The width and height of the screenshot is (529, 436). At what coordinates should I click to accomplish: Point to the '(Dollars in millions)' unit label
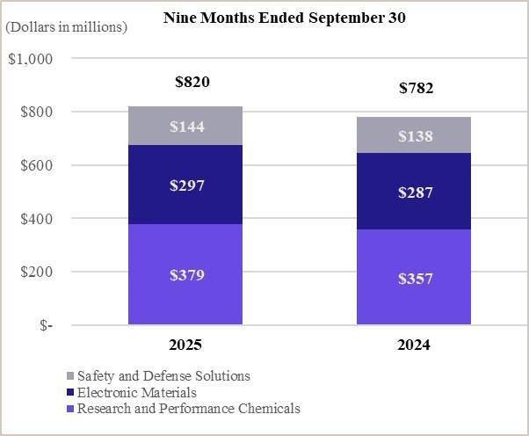(x=67, y=26)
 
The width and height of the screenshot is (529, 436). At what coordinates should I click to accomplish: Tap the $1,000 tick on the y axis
(x=30, y=59)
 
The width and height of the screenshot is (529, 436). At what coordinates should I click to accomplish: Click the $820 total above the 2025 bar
(x=192, y=83)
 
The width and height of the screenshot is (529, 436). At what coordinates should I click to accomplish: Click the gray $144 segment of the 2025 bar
(x=185, y=126)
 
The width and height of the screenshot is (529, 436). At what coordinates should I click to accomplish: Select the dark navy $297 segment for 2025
(x=185, y=185)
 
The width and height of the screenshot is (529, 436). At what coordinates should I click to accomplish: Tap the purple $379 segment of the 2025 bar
(x=185, y=274)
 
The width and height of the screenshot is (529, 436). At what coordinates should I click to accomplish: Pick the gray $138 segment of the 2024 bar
(x=413, y=135)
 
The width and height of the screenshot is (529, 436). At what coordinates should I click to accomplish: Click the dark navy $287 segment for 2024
(x=413, y=192)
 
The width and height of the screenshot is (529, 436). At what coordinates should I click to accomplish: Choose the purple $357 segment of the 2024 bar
(x=413, y=278)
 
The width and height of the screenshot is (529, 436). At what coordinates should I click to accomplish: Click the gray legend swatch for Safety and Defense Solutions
(x=70, y=376)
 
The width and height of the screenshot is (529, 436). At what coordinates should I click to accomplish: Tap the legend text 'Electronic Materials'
(x=136, y=392)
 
